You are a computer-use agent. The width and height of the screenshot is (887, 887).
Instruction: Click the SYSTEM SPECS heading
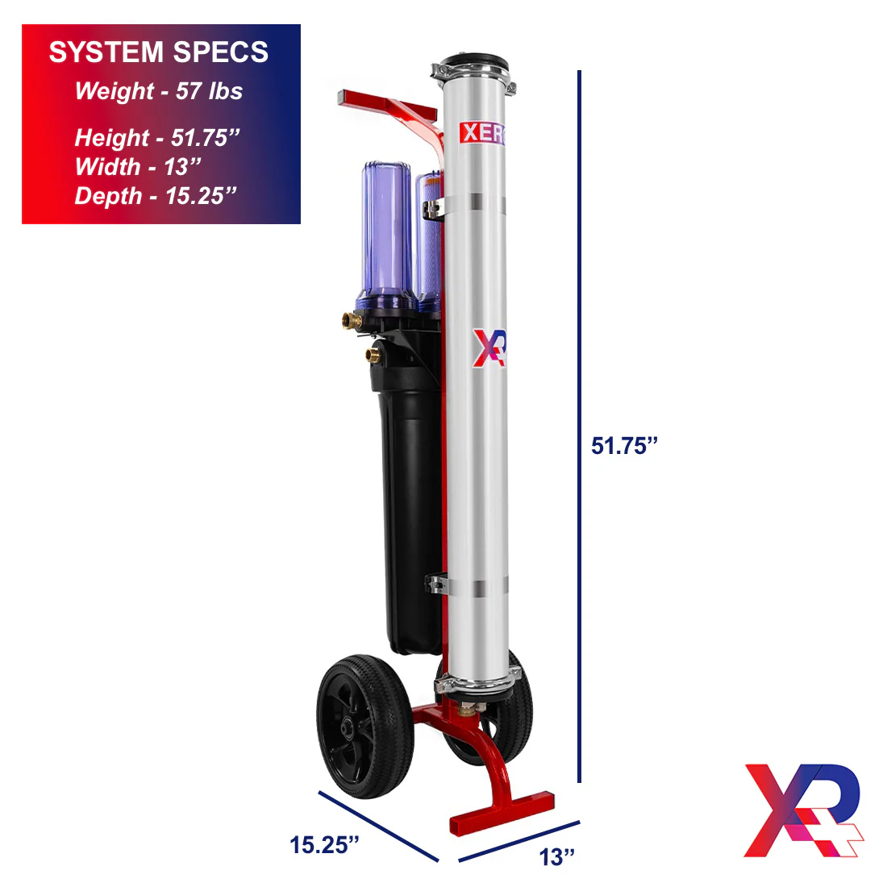(x=159, y=52)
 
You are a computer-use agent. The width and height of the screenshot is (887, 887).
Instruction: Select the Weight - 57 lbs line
(x=159, y=91)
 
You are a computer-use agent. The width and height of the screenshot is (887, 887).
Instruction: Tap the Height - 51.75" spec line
(x=157, y=138)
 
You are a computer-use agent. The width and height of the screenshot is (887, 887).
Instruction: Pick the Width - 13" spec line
(x=137, y=167)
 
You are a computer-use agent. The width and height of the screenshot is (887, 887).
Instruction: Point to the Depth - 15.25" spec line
(x=156, y=196)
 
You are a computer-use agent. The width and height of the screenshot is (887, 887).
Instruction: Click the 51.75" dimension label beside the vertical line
(x=624, y=446)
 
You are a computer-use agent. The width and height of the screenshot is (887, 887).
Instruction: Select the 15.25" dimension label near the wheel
(x=324, y=844)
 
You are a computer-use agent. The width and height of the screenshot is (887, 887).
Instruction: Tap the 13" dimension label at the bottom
(x=557, y=857)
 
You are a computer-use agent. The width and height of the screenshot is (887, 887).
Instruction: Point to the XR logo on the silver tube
(x=489, y=348)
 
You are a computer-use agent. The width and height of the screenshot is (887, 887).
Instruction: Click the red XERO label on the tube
(x=482, y=133)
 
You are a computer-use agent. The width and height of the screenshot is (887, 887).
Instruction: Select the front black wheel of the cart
(x=364, y=726)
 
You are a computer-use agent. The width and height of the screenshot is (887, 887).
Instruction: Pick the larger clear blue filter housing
(x=386, y=234)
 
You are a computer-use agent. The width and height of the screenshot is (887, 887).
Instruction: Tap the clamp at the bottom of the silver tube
(x=477, y=685)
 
